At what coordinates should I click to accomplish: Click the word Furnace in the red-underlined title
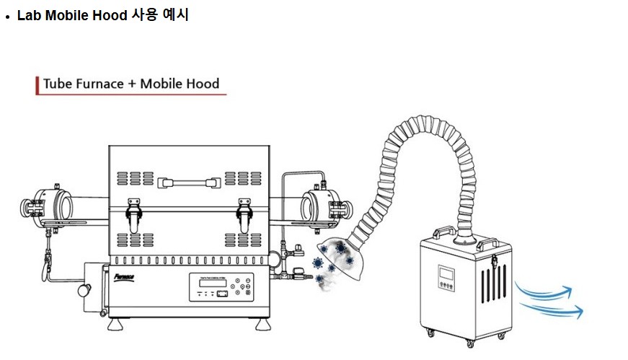pyautogui.click(x=99, y=84)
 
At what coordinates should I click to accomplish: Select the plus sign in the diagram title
pyautogui.click(x=132, y=84)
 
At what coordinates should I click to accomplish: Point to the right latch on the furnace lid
pyautogui.click(x=246, y=211)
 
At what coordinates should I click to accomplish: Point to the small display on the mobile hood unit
pyautogui.click(x=446, y=274)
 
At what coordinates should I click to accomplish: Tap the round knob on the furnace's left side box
pyautogui.click(x=84, y=290)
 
